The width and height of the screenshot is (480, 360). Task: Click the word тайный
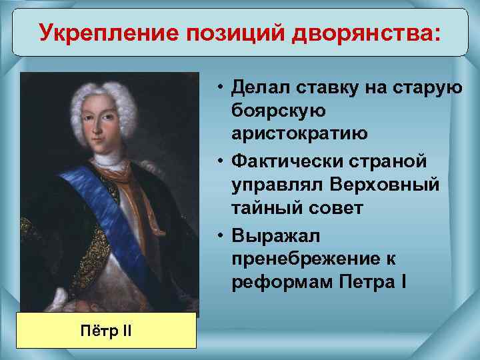coord(263,209)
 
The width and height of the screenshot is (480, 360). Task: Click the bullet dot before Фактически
coord(219,162)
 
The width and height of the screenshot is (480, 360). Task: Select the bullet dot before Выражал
coord(219,237)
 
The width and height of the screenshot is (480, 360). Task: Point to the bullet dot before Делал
coord(219,86)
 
